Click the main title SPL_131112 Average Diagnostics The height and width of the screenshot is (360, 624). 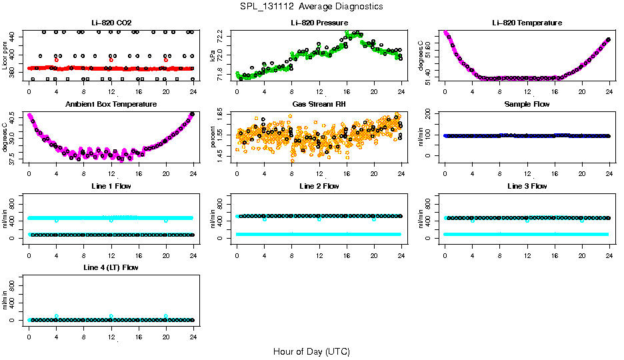point(312,6)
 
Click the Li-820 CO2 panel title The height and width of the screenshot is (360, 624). point(111,23)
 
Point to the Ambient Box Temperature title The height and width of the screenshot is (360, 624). point(111,105)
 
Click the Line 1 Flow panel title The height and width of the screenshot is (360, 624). point(111,186)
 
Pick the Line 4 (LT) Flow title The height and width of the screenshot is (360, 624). point(111,267)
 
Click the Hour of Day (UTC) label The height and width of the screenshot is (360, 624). point(311,351)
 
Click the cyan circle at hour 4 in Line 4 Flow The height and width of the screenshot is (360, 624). point(57,316)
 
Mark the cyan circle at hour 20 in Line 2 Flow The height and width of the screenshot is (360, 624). point(374,219)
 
